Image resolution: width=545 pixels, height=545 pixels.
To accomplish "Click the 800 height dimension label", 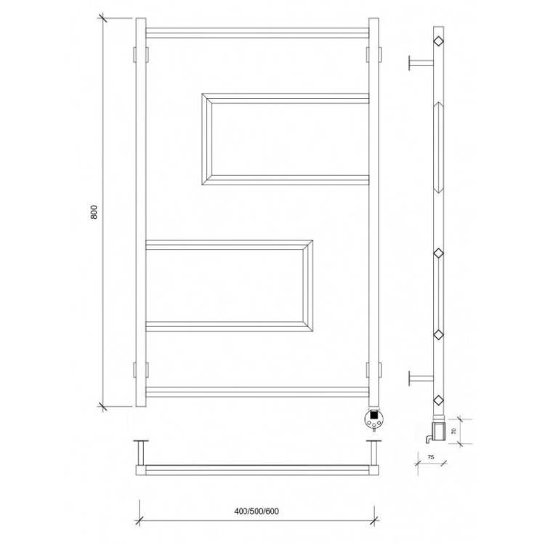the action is (94, 212).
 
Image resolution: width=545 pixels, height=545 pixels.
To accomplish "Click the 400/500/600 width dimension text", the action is (257, 512).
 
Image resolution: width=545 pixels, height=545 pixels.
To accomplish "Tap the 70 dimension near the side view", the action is (453, 432).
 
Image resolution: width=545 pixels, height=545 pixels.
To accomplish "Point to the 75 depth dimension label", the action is (431, 457).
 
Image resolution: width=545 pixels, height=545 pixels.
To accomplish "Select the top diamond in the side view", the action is (439, 41).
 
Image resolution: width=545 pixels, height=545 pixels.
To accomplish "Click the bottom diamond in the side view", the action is (439, 400).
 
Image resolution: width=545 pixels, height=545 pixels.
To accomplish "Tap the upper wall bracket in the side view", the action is (421, 63).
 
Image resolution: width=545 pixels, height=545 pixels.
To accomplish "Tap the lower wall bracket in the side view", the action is (421, 378).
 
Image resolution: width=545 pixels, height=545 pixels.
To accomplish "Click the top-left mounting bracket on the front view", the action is (141, 54).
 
